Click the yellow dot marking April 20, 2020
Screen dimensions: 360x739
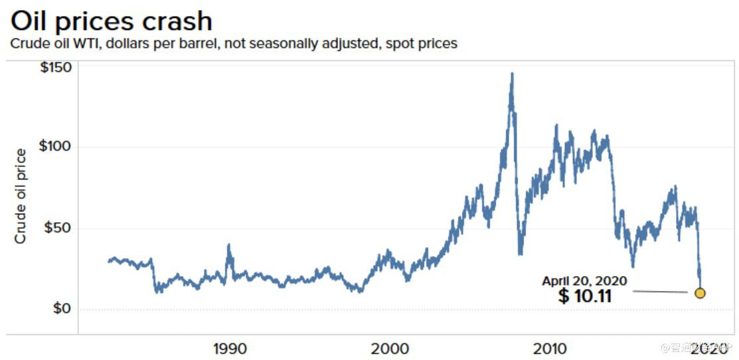click(699, 293)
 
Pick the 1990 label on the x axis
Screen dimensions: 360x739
click(229, 348)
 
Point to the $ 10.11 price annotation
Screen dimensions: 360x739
click(584, 296)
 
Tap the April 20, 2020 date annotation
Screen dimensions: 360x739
click(584, 281)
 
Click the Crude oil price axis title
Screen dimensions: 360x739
click(21, 196)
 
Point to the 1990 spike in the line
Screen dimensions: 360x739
click(229, 246)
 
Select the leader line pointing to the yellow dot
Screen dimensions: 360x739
click(660, 292)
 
